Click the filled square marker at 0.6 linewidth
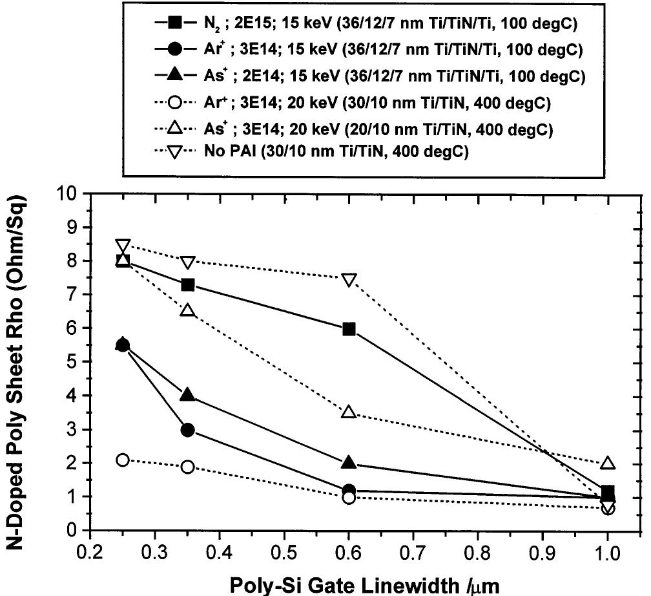click(x=349, y=329)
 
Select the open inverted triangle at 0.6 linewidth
click(x=349, y=280)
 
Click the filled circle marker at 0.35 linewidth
click(x=188, y=430)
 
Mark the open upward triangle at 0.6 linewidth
click(x=349, y=411)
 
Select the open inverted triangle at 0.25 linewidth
click(x=123, y=246)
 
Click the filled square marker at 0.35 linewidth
click(x=188, y=285)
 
